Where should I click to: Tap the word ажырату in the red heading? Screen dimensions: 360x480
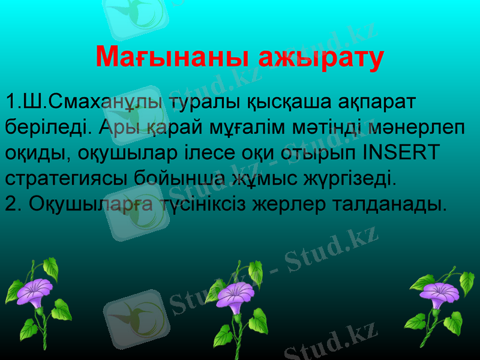[322, 57]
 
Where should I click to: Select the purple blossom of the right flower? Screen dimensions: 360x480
[440, 294]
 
